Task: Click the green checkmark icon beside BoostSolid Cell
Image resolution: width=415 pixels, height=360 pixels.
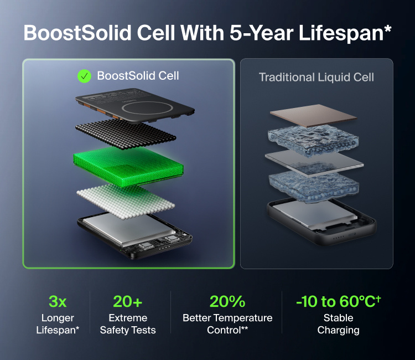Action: (84, 76)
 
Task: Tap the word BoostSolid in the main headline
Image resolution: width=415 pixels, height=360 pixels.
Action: (77, 33)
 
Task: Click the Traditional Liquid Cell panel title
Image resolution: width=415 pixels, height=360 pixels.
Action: (317, 78)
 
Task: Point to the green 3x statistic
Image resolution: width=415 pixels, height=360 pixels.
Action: (58, 301)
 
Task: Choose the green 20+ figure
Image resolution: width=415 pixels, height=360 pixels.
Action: (128, 301)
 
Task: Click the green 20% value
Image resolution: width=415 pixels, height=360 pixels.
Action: (227, 301)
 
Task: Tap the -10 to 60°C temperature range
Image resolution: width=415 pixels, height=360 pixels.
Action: (338, 301)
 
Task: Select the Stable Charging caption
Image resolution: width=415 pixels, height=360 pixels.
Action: (338, 323)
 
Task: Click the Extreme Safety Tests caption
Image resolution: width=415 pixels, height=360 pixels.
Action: (128, 323)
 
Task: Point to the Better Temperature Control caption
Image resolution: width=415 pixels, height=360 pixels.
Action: (227, 323)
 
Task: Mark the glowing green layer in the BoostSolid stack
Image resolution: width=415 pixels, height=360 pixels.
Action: (128, 166)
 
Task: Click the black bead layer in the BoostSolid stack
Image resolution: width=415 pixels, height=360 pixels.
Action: (126, 134)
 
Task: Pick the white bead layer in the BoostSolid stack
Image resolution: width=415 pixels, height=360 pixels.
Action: (126, 202)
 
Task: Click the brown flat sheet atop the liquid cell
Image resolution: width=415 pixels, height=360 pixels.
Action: (314, 115)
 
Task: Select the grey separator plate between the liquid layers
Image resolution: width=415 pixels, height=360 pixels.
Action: (314, 162)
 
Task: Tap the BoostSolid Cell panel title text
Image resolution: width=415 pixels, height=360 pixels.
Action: (138, 76)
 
